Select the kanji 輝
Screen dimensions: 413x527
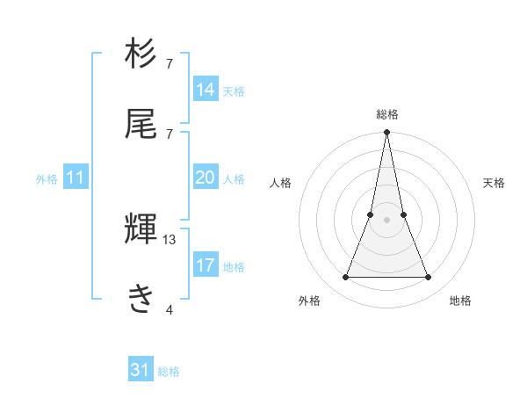click(141, 231)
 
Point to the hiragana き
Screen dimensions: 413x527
click(141, 299)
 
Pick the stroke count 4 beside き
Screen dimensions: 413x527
click(170, 308)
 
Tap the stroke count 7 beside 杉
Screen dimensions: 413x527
click(170, 64)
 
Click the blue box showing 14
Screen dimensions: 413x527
click(206, 89)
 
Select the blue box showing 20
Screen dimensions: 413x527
click(206, 178)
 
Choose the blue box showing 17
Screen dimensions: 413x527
click(206, 265)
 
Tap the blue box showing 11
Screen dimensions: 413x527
click(76, 178)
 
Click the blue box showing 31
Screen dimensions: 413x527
click(141, 370)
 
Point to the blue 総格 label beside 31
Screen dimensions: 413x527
click(169, 372)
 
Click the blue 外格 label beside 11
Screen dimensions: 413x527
click(47, 179)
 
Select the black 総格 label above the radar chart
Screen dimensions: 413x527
click(387, 114)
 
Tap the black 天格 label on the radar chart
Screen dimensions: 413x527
click(495, 183)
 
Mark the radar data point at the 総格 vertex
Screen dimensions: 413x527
click(387, 133)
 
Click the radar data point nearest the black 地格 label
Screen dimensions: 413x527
click(429, 278)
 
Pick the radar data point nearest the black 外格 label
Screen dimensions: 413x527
click(346, 278)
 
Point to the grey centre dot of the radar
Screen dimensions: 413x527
click(387, 220)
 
